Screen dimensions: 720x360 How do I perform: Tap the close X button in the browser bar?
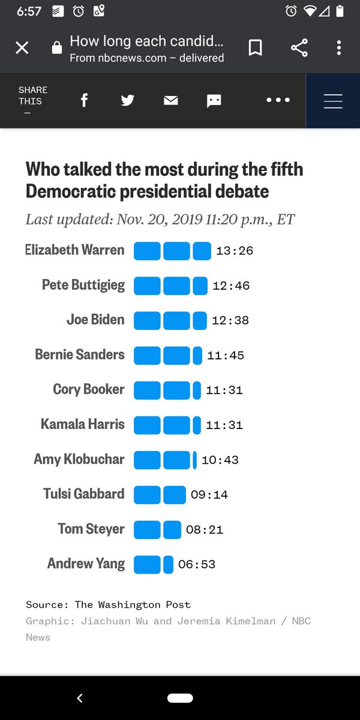[x=22, y=48]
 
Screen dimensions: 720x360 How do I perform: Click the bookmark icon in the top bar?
[x=255, y=48]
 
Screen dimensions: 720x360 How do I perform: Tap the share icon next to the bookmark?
[x=299, y=48]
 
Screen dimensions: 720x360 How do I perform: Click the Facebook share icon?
[x=84, y=100]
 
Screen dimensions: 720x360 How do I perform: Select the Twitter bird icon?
[x=127, y=100]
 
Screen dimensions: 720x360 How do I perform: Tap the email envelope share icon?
[x=171, y=100]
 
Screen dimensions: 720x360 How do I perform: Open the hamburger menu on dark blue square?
[x=333, y=101]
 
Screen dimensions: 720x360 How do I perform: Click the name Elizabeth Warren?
[x=75, y=250]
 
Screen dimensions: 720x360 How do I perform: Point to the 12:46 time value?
[x=231, y=286]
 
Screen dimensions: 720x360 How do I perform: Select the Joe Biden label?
[x=95, y=320]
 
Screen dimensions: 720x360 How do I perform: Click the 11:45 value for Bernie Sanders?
[x=226, y=355]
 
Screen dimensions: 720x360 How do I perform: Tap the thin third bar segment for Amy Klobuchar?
[x=194, y=460]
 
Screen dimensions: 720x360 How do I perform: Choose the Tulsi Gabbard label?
[x=84, y=494]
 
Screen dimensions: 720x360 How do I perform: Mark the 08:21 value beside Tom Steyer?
[x=205, y=530]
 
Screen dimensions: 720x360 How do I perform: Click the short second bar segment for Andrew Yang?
[x=168, y=565]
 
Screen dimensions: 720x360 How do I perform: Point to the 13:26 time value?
[x=235, y=251]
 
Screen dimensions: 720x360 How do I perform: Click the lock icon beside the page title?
[x=57, y=49]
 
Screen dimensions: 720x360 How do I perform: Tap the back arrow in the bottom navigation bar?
[x=80, y=698]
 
